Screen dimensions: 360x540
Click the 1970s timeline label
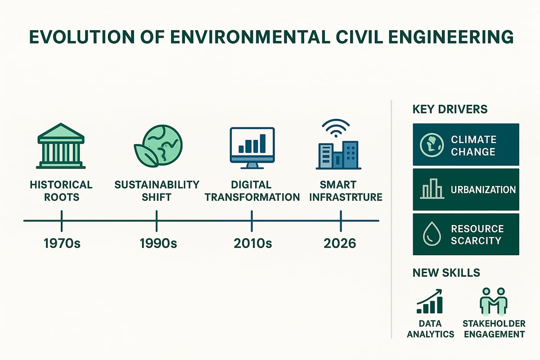[x=61, y=243]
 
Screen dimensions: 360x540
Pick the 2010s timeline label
[x=253, y=243]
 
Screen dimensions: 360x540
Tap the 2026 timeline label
[x=340, y=243]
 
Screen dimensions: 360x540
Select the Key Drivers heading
[x=450, y=109]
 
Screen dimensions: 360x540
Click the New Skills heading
[x=446, y=272]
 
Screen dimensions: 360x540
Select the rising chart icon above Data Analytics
[x=429, y=301]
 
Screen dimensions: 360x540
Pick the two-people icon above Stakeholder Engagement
[x=493, y=301]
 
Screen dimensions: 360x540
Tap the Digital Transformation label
[x=253, y=191]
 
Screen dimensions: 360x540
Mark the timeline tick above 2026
[x=341, y=220]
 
